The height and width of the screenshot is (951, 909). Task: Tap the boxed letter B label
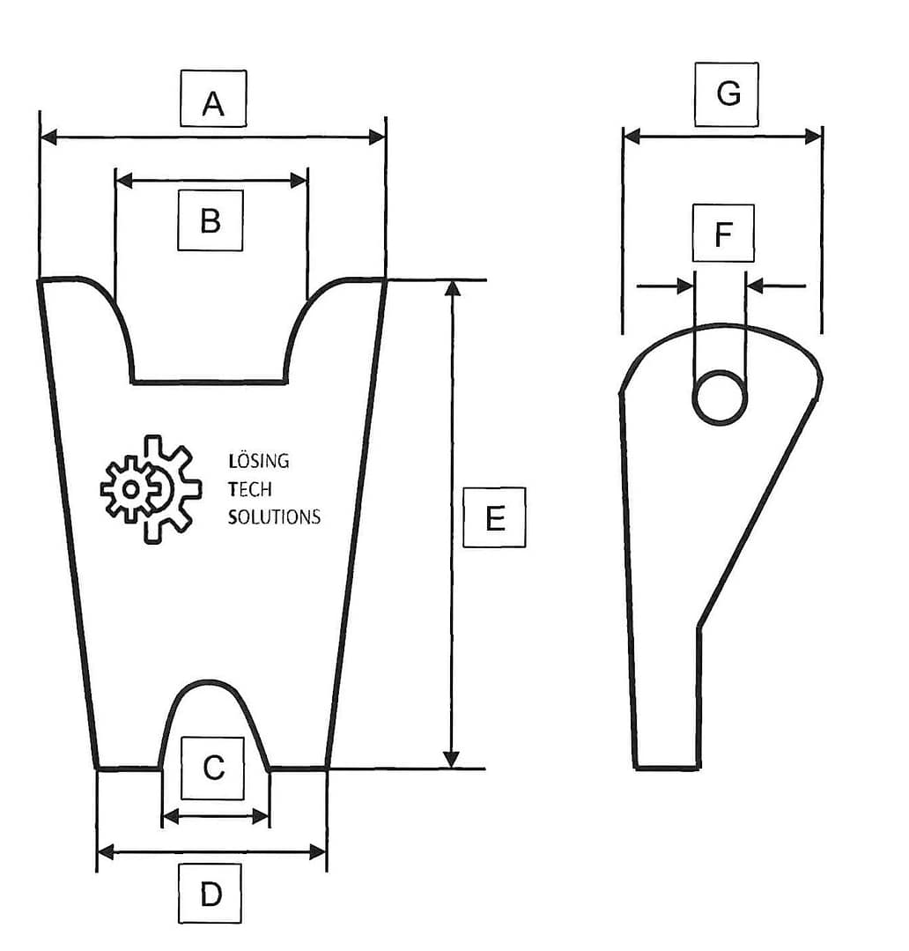pos(211,220)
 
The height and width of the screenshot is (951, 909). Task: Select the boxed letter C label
pos(214,769)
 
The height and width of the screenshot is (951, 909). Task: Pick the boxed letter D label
pos(211,894)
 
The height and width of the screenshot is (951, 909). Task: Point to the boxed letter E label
pos(494,517)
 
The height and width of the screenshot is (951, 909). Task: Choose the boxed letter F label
pos(723,234)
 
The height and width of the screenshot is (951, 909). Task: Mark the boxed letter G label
pos(728,93)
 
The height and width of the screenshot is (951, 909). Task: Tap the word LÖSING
pos(258,461)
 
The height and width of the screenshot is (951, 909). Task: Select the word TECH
pos(249,489)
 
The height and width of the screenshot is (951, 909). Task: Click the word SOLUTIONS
pos(274,517)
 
